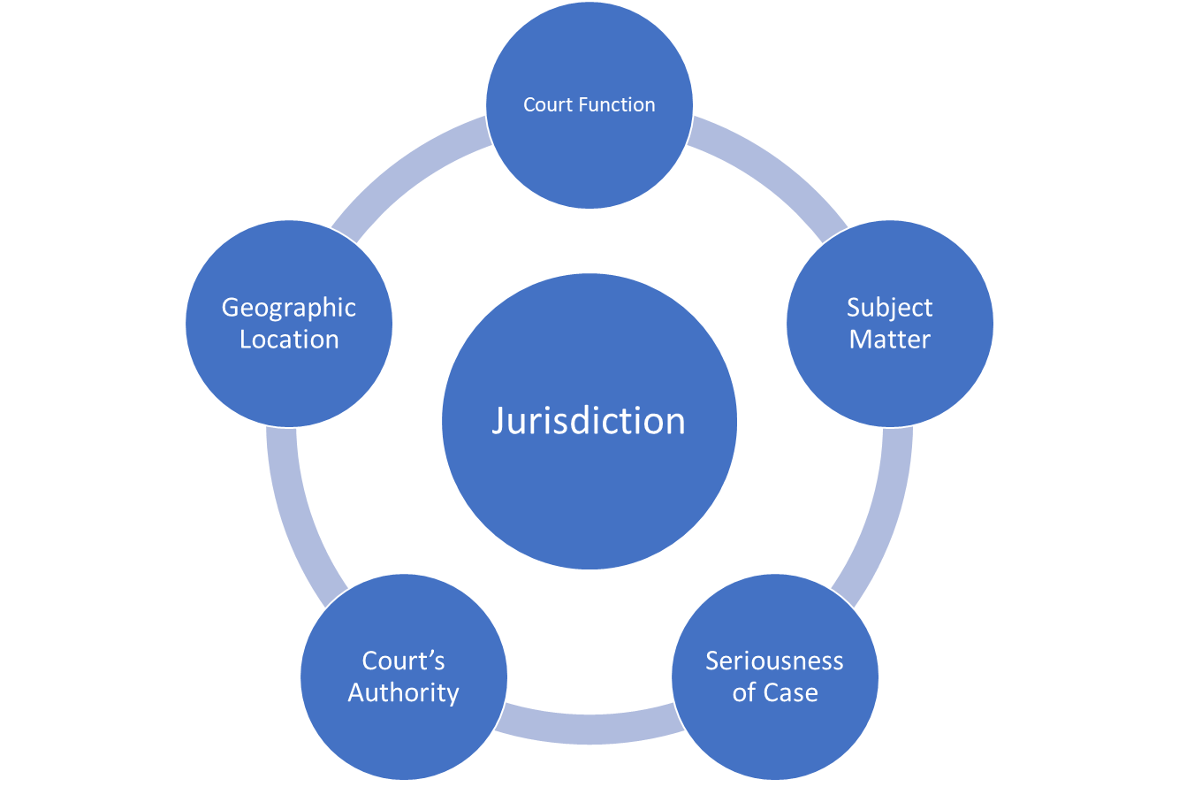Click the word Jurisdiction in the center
[x=589, y=421]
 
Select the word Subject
[x=890, y=308]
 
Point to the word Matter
[x=890, y=340]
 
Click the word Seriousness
[x=774, y=661]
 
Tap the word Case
[x=792, y=692]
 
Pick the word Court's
[x=403, y=661]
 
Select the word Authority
[x=403, y=692]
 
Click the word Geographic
[x=289, y=308]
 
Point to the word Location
[x=289, y=340]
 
